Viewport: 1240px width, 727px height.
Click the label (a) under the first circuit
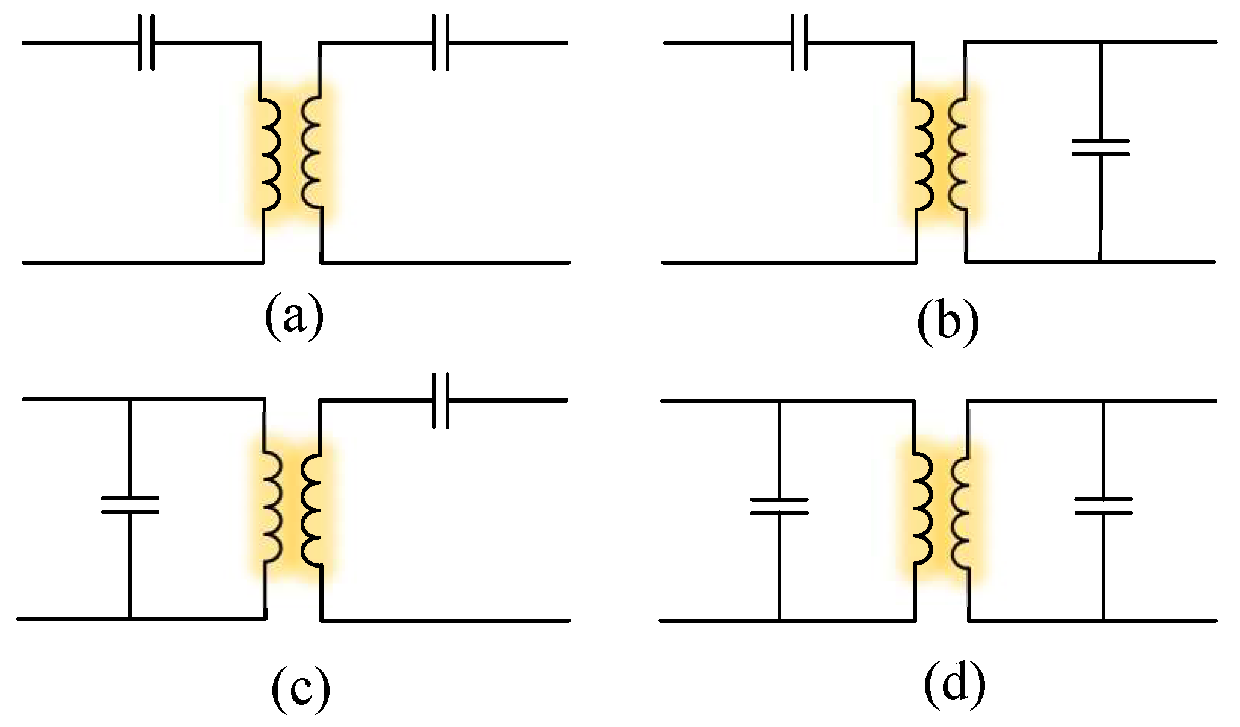pos(294,317)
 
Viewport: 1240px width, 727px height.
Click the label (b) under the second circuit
pos(948,323)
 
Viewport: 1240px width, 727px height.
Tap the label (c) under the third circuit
pos(301,690)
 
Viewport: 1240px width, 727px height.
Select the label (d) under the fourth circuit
pos(954,685)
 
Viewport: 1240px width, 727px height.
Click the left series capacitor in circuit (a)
pos(146,43)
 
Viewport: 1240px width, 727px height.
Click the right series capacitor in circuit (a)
pos(441,43)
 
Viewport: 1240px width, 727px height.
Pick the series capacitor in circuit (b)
pos(799,43)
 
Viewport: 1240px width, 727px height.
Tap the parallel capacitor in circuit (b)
pos(1100,148)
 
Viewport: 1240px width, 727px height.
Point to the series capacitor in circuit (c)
pos(441,400)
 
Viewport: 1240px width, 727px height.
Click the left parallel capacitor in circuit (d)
pos(779,507)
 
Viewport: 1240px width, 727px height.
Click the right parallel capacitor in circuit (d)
pos(1103,507)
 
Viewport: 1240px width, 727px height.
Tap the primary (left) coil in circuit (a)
pos(269,153)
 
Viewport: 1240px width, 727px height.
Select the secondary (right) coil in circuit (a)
pos(312,153)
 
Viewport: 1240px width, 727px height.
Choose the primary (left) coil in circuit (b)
pos(922,153)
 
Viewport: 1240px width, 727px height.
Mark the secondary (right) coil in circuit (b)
pos(959,153)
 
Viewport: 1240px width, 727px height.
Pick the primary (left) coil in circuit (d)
pos(922,509)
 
